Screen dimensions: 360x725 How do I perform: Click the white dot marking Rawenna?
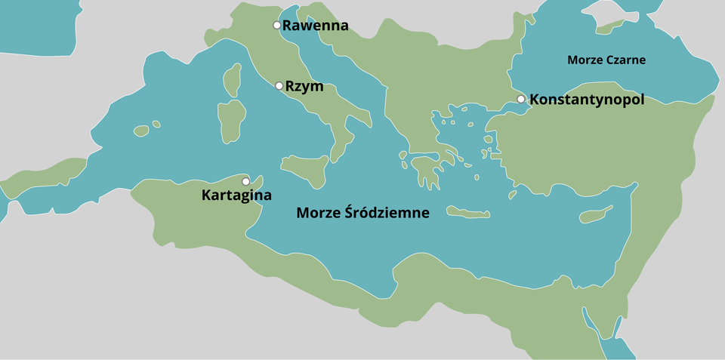[x=277, y=26]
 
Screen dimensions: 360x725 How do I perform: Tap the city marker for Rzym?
[x=279, y=86]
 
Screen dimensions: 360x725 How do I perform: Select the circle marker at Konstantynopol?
[x=521, y=99]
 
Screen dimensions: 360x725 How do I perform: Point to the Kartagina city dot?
[x=245, y=182]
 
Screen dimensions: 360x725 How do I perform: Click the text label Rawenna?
[x=316, y=26]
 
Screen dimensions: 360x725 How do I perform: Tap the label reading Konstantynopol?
[x=587, y=99]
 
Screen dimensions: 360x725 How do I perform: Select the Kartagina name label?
[x=236, y=195]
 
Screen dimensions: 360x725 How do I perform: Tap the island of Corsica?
[x=233, y=78]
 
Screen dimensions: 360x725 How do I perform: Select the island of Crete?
[x=468, y=213]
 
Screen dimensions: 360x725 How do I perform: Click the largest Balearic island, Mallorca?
[x=141, y=131]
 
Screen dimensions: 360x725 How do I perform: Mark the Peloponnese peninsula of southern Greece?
[x=427, y=173]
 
